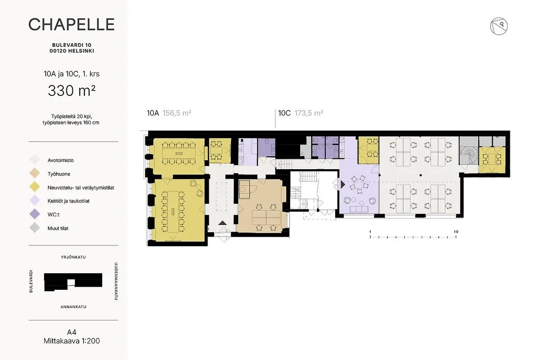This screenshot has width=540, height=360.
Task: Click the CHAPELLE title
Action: [72, 24]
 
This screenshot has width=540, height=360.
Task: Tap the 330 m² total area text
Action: [72, 90]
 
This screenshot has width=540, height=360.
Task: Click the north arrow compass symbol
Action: [499, 26]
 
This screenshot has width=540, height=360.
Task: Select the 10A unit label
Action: [153, 113]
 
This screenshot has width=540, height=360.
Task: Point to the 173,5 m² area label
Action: [309, 113]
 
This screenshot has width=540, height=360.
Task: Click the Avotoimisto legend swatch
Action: [35, 160]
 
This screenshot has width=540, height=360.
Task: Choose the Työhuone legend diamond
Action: [35, 173]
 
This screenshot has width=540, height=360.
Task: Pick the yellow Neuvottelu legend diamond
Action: [35, 187]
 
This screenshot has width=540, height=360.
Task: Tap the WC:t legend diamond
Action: [35, 214]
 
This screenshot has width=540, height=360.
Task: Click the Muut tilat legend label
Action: [58, 228]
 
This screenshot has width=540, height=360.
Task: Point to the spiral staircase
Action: [469, 154]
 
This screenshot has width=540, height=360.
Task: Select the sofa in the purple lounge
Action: [359, 209]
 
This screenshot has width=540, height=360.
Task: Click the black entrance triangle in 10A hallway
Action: [222, 223]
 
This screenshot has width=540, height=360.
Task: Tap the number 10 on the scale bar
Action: [456, 232]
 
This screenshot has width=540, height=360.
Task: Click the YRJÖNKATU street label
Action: [73, 257]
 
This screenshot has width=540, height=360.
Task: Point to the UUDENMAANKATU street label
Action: [116, 281]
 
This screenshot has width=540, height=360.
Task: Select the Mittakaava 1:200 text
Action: [72, 341]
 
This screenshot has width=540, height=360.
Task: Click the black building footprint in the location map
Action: [73, 282]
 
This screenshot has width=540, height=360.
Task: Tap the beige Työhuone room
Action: [261, 206]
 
